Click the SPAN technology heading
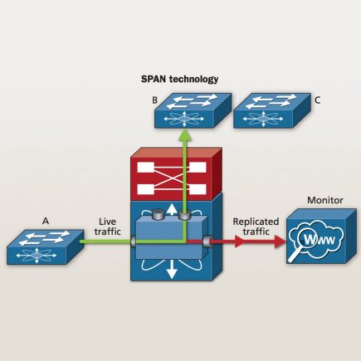click(180, 80)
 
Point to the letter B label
click(154, 100)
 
